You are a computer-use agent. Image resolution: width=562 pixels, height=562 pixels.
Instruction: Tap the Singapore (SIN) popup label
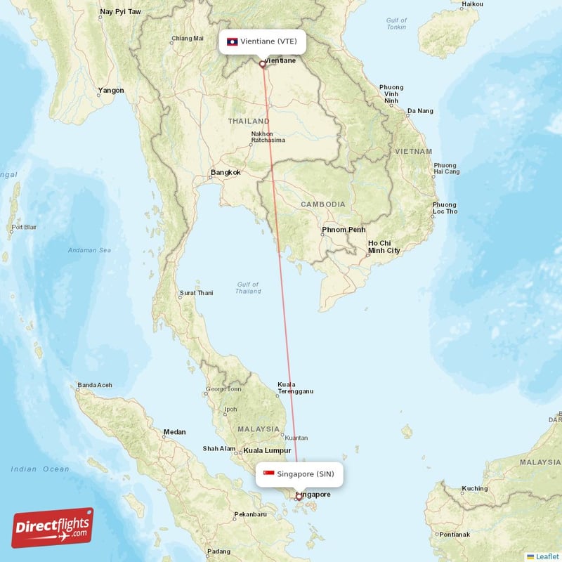point(300,474)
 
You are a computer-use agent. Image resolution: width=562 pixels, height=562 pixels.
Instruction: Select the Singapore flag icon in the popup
point(268,474)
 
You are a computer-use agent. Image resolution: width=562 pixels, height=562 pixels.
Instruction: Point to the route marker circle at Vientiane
point(263,64)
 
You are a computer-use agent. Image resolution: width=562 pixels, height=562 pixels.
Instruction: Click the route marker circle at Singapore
point(299,498)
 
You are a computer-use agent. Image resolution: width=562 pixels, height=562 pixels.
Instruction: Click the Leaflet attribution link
point(544,556)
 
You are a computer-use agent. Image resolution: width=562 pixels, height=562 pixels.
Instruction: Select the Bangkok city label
point(226,172)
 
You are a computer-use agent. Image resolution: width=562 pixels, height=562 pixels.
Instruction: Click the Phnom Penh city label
point(344,230)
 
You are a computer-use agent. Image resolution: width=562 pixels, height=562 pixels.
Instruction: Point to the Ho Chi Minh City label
point(384,247)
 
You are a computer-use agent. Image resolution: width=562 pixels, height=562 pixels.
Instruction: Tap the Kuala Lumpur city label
point(267,450)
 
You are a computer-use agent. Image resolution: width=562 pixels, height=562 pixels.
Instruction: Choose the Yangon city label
point(111,90)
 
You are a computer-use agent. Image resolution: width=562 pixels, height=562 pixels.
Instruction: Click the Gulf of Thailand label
point(248,287)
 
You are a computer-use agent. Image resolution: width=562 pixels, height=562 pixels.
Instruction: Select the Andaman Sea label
point(89,250)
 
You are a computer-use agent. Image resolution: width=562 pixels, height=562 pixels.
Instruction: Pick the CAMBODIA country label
point(322,204)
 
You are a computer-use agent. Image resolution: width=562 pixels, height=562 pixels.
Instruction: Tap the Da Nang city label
point(420,111)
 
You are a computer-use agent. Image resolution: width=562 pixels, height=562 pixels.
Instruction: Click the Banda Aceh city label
point(94,385)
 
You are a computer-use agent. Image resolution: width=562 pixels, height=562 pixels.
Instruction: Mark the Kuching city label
point(475,488)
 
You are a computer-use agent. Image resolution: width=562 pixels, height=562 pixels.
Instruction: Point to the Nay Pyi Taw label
point(120,12)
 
